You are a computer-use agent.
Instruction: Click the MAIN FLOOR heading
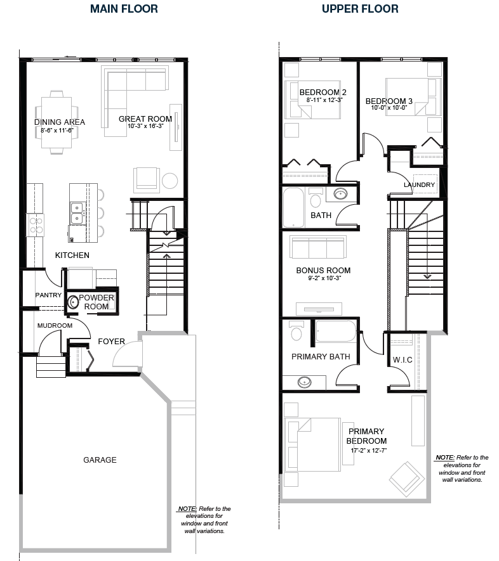click(124, 9)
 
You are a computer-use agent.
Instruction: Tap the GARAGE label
click(100, 460)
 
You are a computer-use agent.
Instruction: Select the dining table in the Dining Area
click(57, 122)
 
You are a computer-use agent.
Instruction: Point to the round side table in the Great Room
click(170, 181)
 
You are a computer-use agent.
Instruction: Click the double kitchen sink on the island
click(77, 212)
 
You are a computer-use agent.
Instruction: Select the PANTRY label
click(48, 295)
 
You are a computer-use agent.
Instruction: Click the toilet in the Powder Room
click(74, 302)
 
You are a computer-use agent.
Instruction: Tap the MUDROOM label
click(54, 325)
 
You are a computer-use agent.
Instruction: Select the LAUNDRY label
click(419, 185)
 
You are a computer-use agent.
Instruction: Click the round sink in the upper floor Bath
click(340, 194)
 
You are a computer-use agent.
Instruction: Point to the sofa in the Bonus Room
click(318, 246)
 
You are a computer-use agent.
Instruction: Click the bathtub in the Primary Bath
click(336, 332)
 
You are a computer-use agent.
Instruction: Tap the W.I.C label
click(403, 361)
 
